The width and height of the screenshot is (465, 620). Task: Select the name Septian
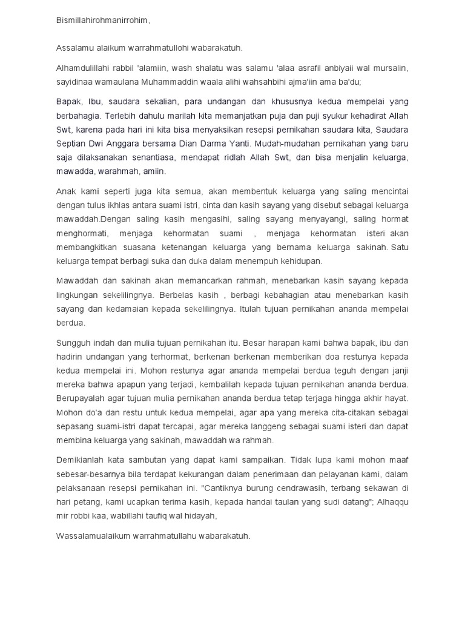tap(70, 143)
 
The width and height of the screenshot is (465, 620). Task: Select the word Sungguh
tap(74, 341)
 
